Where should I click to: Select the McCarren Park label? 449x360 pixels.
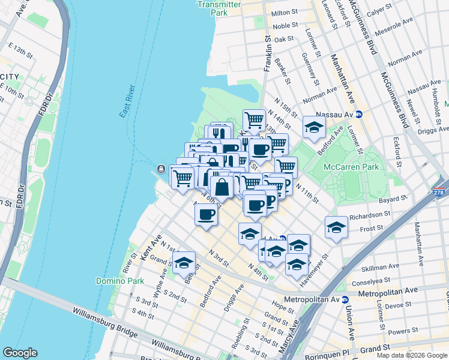coord(351,167)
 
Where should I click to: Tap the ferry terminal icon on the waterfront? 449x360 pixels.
coord(161,169)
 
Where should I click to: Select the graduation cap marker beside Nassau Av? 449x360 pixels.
coord(313,127)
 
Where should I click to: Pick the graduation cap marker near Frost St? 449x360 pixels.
coord(336,227)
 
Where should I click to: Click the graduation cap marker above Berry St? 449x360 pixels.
coord(184,263)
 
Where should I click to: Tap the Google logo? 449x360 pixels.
coord(20,353)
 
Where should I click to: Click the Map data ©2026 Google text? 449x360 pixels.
coord(412,355)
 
